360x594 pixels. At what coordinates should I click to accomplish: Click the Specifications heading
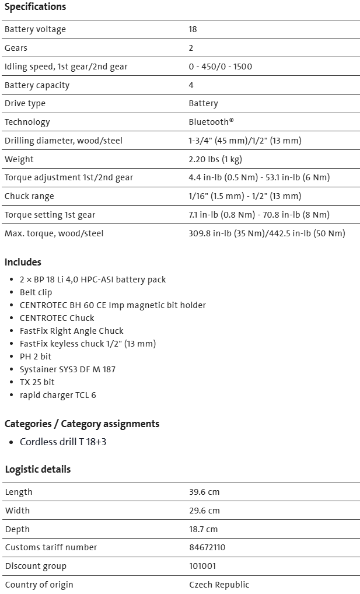coord(35,7)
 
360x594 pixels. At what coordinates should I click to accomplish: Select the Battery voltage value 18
coord(193,29)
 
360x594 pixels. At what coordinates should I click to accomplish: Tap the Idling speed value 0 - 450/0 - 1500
coord(220,67)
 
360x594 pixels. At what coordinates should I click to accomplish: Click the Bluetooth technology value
coord(211,122)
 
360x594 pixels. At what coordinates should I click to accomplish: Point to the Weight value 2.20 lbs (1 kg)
coord(215,159)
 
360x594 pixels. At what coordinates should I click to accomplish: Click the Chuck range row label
coord(29,196)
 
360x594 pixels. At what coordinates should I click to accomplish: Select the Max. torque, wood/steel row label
coord(54,233)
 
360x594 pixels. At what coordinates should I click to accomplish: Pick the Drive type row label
coord(25,103)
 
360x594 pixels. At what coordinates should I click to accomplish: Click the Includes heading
coord(23,262)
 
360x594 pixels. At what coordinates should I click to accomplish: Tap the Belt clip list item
coord(36,292)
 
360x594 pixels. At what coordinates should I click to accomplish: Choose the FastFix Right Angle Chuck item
coord(71,331)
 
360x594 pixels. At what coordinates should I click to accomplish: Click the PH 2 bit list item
coord(36,357)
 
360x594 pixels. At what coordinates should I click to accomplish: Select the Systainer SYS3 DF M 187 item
coord(67,369)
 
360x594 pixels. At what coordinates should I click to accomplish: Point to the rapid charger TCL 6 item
coord(58,395)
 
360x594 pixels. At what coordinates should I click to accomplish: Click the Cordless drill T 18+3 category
coord(63,442)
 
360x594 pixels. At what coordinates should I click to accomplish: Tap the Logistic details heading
coord(38,469)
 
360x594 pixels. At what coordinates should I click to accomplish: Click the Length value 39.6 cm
coord(204,492)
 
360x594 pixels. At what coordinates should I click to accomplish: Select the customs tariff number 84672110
coord(207,547)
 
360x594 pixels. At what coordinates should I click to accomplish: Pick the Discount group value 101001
coord(201,566)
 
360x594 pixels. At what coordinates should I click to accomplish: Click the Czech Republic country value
coord(219,585)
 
